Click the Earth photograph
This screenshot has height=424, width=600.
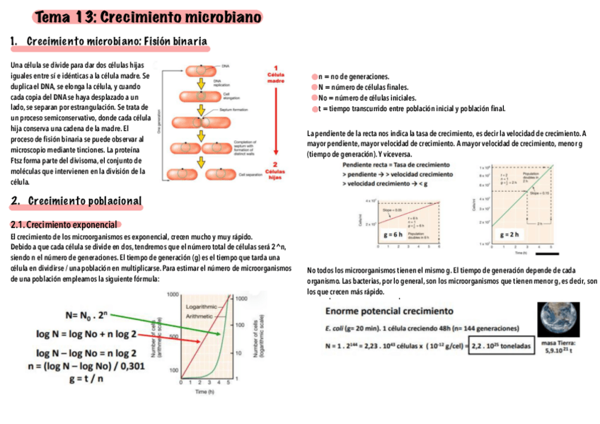(558, 321)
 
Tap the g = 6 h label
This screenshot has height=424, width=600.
(393, 233)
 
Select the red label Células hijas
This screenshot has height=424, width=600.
(275, 173)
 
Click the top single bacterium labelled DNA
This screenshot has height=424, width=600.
(204, 70)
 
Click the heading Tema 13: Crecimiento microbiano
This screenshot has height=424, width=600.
(146, 16)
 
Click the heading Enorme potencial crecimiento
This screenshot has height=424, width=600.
(389, 311)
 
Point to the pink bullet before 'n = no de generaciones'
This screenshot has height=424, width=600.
(313, 76)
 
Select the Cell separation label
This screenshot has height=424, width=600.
(252, 174)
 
